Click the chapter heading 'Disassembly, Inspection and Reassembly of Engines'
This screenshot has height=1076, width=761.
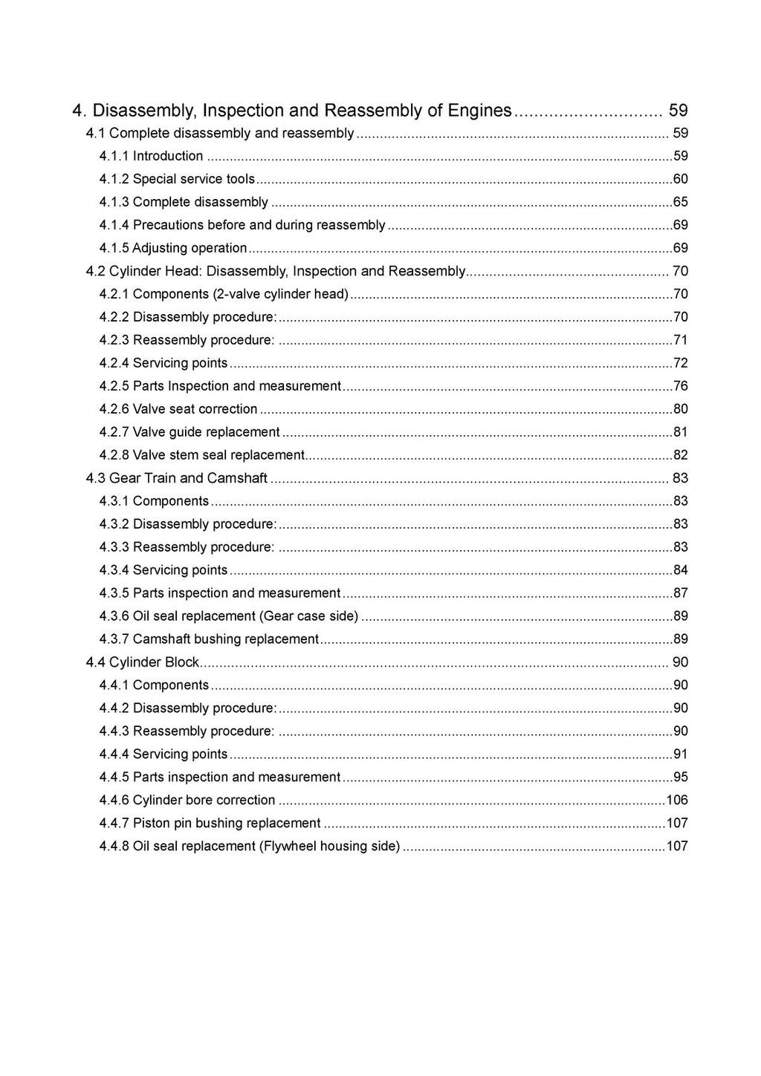[x=302, y=111]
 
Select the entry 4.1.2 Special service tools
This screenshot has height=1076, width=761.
[x=193, y=179]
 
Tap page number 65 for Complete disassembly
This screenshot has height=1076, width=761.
[x=680, y=202]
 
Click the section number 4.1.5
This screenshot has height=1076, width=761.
[x=114, y=248]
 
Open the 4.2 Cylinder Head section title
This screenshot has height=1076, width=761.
[x=276, y=271]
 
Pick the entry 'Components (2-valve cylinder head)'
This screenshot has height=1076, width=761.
[x=240, y=294]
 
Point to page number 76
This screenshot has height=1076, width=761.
[x=680, y=386]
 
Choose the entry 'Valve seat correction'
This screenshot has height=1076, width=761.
[x=195, y=409]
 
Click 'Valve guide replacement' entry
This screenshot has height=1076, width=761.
[x=206, y=432]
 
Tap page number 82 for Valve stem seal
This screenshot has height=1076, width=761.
[x=680, y=455]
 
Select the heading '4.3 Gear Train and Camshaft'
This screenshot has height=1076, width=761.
[x=177, y=478]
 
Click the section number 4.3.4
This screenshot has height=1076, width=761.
[x=114, y=570]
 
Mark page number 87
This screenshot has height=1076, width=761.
[x=680, y=593]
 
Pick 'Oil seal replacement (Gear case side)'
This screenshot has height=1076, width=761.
[x=245, y=616]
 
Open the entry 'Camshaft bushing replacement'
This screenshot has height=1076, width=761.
[x=225, y=639]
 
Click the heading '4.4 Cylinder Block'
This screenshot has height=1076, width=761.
[x=143, y=662]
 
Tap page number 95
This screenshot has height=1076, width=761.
[x=680, y=777]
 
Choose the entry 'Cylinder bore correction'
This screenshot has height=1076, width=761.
[x=204, y=801]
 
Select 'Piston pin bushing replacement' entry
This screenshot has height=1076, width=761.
[x=227, y=824]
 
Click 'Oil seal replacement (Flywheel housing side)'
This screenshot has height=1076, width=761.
[x=266, y=847]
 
